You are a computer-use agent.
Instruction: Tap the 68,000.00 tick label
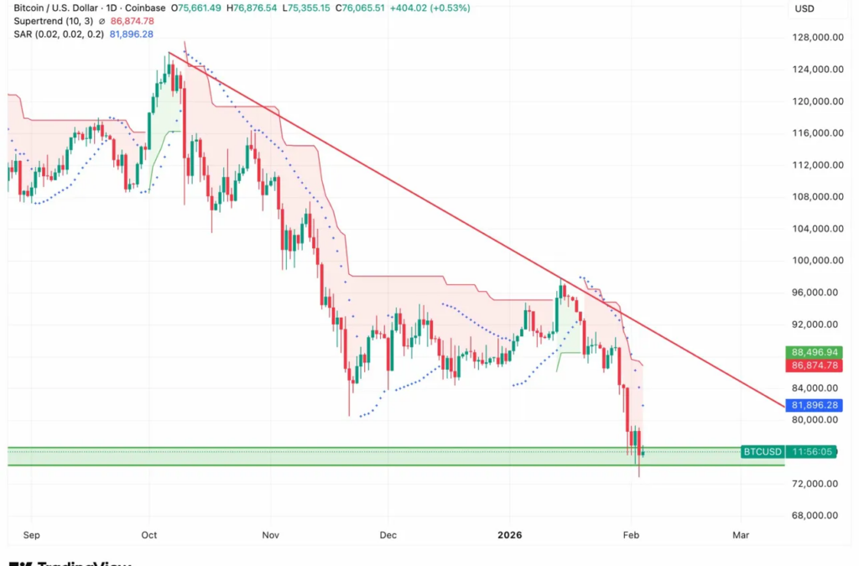(820, 516)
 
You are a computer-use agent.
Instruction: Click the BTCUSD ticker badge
(762, 452)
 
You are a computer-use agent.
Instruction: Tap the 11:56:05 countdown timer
(813, 452)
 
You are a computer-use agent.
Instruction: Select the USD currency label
(805, 8)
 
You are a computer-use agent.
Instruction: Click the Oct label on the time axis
(150, 534)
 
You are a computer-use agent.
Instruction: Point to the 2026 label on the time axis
(510, 534)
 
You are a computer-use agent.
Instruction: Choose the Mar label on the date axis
(741, 534)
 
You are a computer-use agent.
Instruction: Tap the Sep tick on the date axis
(32, 534)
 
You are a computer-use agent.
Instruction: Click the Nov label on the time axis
(270, 534)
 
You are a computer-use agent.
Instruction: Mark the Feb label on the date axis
(631, 534)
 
